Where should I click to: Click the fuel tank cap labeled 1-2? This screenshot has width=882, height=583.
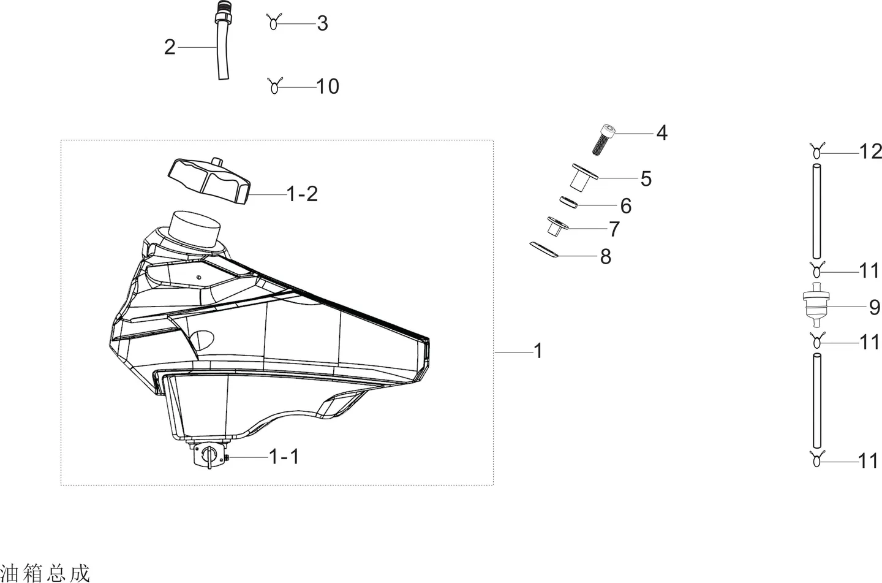(209, 181)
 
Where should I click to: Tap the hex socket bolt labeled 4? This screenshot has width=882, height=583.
(604, 140)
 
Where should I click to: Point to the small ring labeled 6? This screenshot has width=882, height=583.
(569, 202)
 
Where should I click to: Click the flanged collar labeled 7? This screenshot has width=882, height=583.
(557, 226)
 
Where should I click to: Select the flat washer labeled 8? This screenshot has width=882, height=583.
(544, 250)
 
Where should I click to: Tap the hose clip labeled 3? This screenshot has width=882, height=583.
(274, 22)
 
